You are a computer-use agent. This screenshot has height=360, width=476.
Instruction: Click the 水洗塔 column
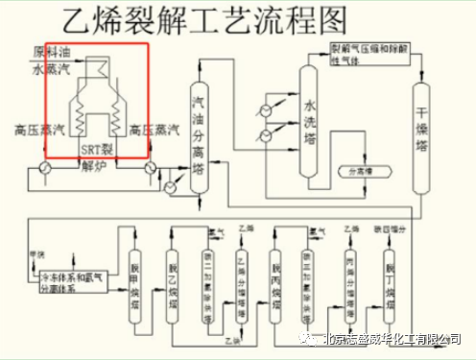pos(309,120)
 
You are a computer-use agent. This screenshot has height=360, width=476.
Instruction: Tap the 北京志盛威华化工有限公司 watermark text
pos(390,338)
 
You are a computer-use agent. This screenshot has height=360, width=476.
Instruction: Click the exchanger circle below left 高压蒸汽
pos(44,168)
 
